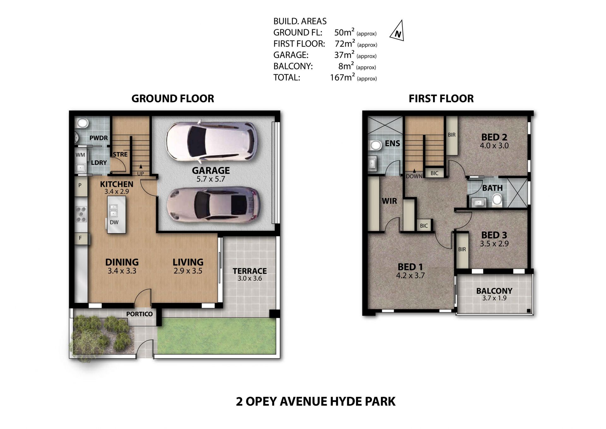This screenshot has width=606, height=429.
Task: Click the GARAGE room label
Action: click(x=211, y=170)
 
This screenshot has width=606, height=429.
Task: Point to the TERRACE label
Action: click(x=250, y=271)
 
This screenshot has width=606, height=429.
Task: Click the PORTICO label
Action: click(x=139, y=314)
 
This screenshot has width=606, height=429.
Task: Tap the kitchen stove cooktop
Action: click(x=81, y=214)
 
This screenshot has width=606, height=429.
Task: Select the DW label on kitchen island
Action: click(x=114, y=222)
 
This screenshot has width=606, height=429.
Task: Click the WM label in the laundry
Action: click(x=80, y=155)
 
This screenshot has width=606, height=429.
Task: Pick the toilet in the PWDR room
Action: click(x=82, y=123)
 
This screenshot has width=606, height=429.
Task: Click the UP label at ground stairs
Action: click(x=140, y=174)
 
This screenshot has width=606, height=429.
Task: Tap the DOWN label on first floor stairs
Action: click(x=414, y=176)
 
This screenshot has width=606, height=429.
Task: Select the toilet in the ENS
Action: click(x=375, y=145)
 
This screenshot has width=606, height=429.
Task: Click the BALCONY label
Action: click(x=494, y=291)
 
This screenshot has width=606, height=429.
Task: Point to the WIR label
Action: click(x=389, y=201)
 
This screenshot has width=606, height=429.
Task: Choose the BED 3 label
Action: click(x=494, y=235)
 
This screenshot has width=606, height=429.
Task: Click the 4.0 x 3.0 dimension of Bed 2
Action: click(x=494, y=146)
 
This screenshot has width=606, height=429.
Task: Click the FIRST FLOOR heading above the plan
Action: click(x=441, y=99)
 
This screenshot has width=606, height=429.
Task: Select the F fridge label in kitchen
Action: click(x=80, y=238)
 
